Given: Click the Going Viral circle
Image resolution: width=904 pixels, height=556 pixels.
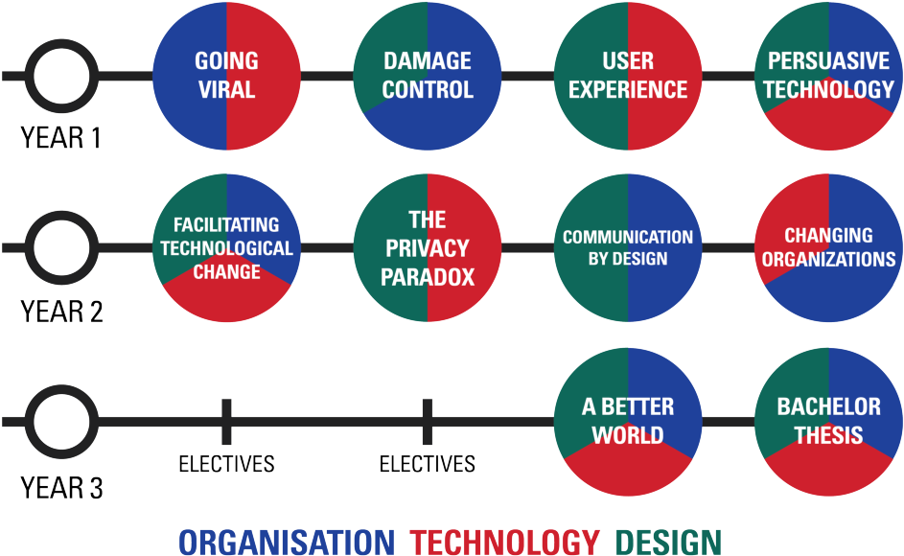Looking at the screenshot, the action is click(x=226, y=76).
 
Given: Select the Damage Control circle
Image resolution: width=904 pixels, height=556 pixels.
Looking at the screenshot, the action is click(x=428, y=76).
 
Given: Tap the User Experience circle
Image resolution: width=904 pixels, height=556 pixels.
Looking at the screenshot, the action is click(x=628, y=76).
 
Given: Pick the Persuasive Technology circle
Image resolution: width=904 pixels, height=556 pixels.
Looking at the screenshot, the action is click(x=828, y=76).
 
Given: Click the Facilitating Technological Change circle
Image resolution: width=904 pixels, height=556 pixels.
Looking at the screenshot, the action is click(x=226, y=248).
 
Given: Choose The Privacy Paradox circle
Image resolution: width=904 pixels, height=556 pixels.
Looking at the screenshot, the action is click(x=428, y=248).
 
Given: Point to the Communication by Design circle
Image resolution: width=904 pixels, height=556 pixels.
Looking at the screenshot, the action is click(x=628, y=248).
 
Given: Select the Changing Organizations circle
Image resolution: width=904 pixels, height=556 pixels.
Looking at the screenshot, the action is click(x=828, y=248).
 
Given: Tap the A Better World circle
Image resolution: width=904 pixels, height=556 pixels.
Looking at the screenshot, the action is click(x=628, y=422).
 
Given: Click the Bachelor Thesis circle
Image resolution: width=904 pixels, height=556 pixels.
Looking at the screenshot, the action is click(x=828, y=422).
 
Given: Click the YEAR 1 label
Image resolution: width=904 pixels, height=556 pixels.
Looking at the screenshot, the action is click(x=61, y=138).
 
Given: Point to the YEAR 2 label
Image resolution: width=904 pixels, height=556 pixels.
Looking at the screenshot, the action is click(x=61, y=312).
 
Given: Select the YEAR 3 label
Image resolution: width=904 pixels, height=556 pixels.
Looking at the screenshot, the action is click(x=61, y=488).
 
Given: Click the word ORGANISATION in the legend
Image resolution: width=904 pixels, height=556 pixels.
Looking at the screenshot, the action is click(x=287, y=543).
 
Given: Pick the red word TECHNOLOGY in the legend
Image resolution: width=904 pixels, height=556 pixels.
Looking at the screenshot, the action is click(x=505, y=543).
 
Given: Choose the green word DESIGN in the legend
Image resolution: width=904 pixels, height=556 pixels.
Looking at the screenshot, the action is click(x=669, y=543).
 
